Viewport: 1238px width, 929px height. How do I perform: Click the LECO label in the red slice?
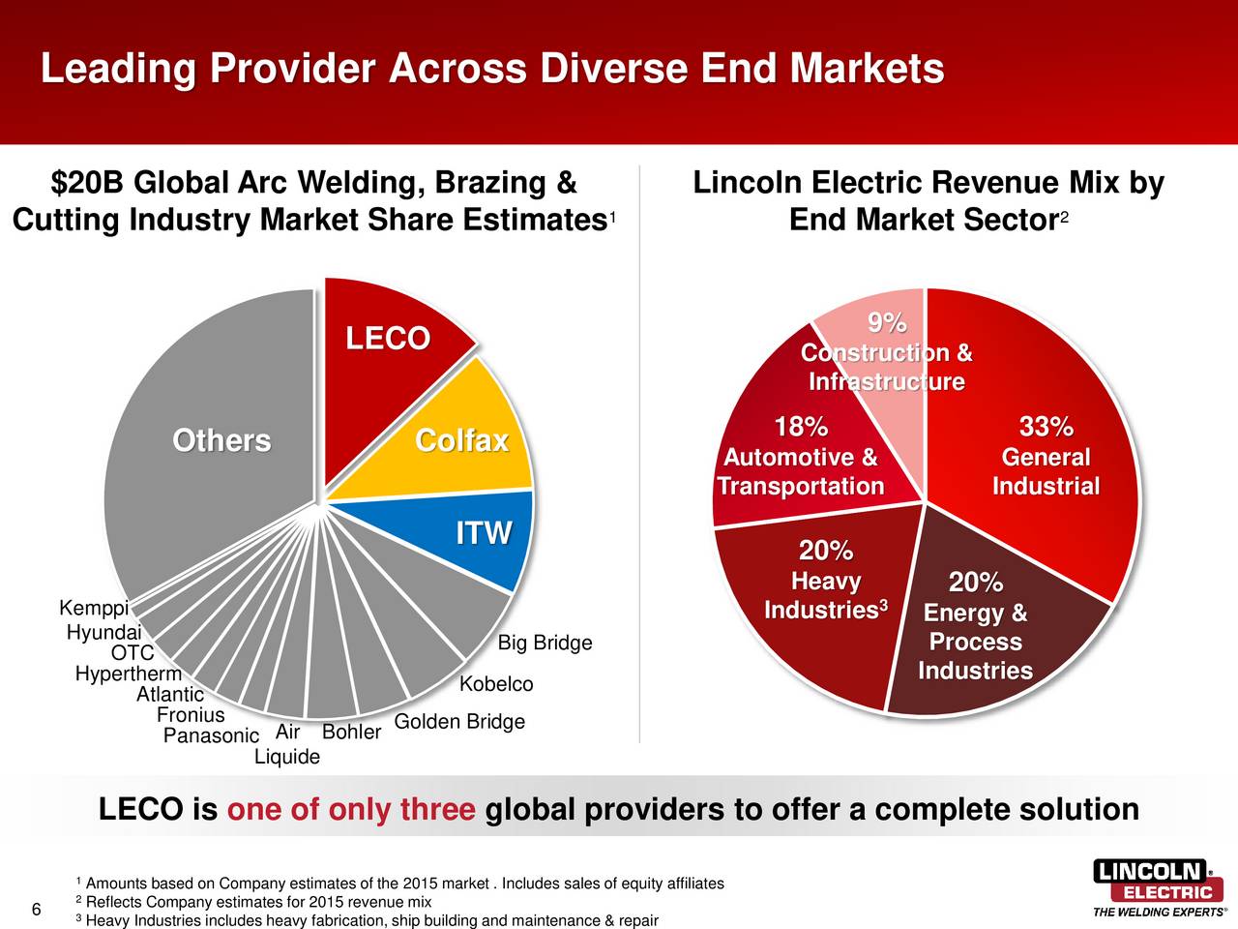click(388, 339)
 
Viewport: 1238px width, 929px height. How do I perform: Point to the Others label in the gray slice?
click(221, 441)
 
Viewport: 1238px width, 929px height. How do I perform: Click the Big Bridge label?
click(545, 644)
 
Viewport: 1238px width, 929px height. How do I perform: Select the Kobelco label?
click(496, 685)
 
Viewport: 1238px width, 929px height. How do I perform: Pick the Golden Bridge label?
click(459, 722)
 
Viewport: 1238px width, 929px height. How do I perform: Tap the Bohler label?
click(351, 733)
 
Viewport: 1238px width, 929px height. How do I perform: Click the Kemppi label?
click(94, 609)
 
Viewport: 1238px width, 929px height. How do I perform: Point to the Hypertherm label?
click(128, 674)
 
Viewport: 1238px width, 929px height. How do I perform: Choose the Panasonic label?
click(211, 736)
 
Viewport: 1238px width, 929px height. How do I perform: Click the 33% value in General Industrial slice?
click(1046, 427)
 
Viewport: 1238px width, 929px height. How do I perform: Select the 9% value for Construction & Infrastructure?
click(886, 322)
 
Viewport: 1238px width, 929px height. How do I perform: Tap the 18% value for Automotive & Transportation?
click(801, 427)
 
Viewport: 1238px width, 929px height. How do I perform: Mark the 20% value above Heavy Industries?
click(825, 551)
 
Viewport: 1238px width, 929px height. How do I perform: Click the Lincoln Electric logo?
click(1157, 885)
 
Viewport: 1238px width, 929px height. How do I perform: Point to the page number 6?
click(36, 910)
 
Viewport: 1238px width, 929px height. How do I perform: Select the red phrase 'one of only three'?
click(351, 809)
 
